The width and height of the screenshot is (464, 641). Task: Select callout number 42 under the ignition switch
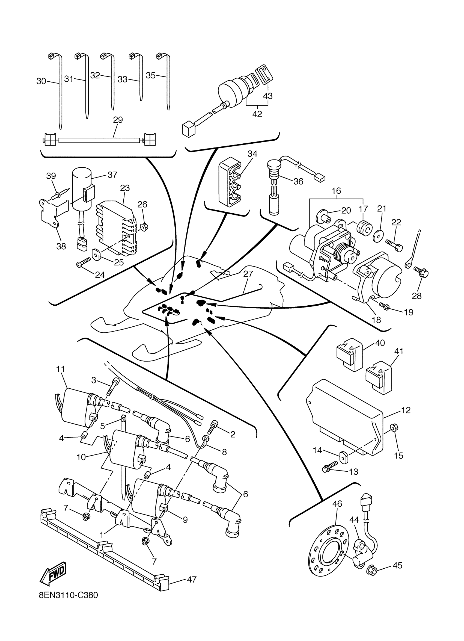tap(257, 114)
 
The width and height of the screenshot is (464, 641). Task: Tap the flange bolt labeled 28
tap(421, 272)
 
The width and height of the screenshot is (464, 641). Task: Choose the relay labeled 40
tap(350, 354)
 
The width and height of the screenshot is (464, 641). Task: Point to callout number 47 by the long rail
tap(192, 579)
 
